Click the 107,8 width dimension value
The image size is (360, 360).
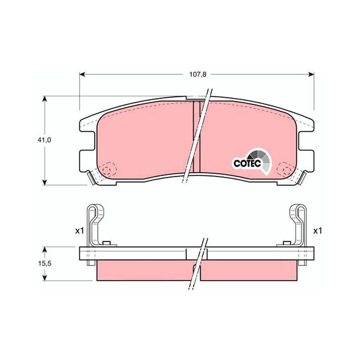tap(198, 74)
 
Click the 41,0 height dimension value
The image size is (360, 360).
tap(45, 140)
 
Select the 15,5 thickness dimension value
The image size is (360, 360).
tap(45, 264)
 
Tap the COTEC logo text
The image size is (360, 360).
tap(247, 163)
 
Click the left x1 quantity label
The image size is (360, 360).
tap(80, 231)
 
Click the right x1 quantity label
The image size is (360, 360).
tap(318, 231)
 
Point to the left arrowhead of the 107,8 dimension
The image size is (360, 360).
tap(82, 74)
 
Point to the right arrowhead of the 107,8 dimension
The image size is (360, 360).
tap(311, 74)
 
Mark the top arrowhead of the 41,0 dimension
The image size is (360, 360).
tap(45, 99)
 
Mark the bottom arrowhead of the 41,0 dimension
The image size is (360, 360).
tap(45, 182)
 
